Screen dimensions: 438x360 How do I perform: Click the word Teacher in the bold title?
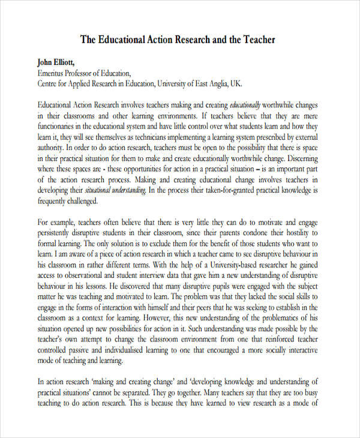(259, 40)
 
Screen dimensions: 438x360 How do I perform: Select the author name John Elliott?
(57, 62)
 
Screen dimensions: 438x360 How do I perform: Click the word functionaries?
(59, 127)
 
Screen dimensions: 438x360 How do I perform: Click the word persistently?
(58, 233)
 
